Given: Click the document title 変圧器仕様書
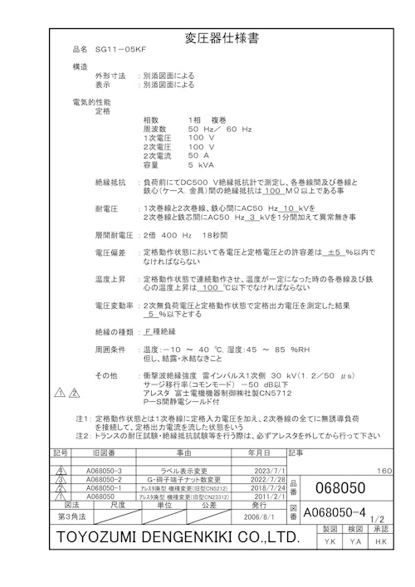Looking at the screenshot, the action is [207, 38].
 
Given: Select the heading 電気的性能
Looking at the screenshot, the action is [90, 101].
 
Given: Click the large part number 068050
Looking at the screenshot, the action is [341, 487].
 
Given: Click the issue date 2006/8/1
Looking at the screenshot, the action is [258, 516].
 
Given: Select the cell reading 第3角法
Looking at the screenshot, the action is [72, 516].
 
